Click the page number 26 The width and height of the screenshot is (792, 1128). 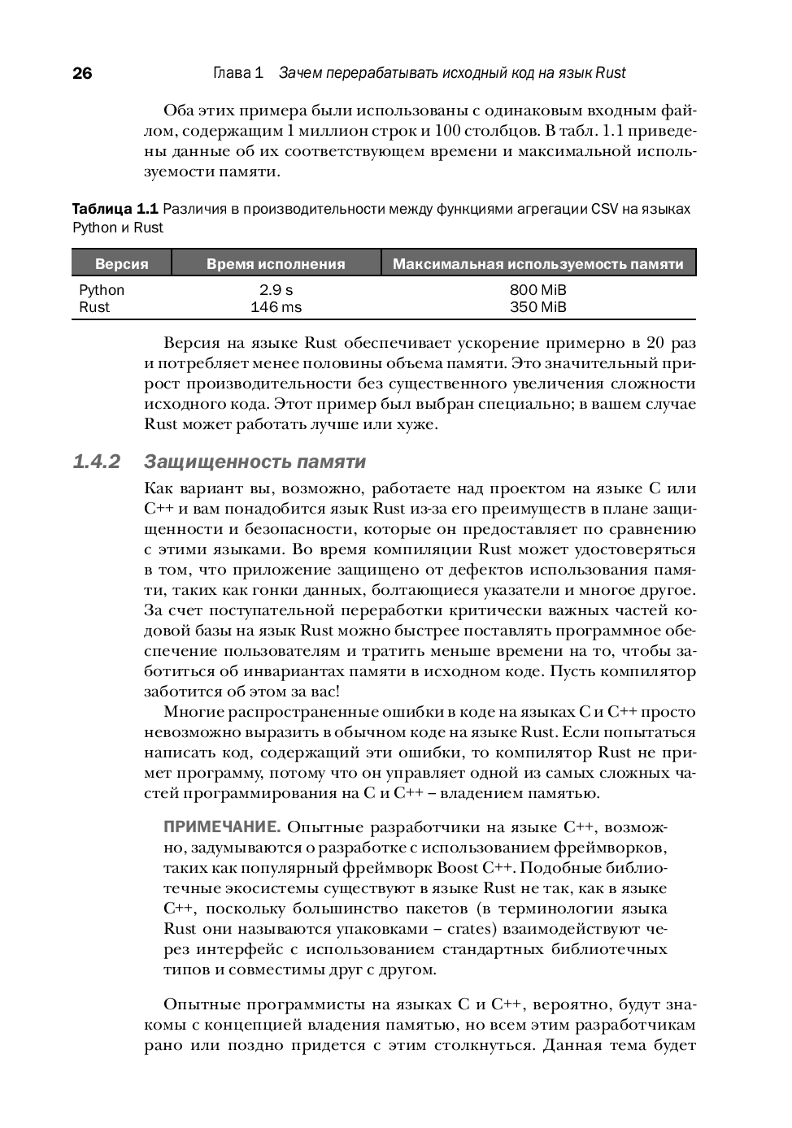click(x=82, y=73)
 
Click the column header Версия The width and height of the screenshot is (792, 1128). click(x=122, y=264)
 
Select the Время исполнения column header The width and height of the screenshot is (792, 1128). click(x=276, y=264)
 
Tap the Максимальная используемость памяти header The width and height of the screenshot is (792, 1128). click(x=537, y=264)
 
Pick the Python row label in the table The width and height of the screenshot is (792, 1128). click(x=102, y=290)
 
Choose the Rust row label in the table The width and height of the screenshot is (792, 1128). click(x=94, y=307)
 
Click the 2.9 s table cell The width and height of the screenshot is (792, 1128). click(x=276, y=290)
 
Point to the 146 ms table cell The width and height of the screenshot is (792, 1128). click(x=276, y=307)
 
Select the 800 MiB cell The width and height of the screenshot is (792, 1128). click(x=537, y=290)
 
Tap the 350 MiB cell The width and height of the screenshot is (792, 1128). click(x=537, y=307)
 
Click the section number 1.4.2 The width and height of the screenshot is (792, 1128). click(x=97, y=462)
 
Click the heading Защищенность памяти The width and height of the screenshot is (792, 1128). click(x=255, y=462)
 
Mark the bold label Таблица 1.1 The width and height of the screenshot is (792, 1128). click(x=115, y=209)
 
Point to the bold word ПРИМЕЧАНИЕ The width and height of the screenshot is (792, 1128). click(x=222, y=827)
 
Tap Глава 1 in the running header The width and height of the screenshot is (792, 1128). click(x=238, y=73)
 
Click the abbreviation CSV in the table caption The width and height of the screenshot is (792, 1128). click(x=605, y=209)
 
